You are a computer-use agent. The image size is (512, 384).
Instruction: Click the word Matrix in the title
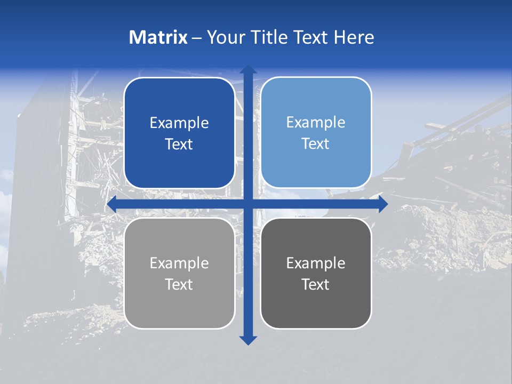pyautogui.click(x=158, y=37)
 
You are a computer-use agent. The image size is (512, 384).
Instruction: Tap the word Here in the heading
pyautogui.click(x=354, y=37)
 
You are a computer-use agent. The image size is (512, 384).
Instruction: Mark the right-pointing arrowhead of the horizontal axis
pyautogui.click(x=382, y=204)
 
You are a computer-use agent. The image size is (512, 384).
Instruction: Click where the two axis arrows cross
pyautogui.click(x=248, y=204)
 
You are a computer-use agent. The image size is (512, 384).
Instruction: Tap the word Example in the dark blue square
pyautogui.click(x=179, y=123)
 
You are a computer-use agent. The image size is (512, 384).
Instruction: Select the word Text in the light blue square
pyautogui.click(x=316, y=144)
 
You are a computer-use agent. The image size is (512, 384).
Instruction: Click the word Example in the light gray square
pyautogui.click(x=179, y=263)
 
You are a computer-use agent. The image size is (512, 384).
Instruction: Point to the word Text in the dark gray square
pyautogui.click(x=316, y=285)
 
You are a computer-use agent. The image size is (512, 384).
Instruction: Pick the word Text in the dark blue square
pyautogui.click(x=179, y=145)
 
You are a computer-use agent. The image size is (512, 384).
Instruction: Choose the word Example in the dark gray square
pyautogui.click(x=316, y=263)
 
